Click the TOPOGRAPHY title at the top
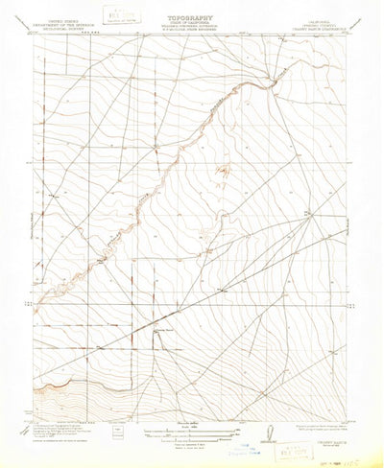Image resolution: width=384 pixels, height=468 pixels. point(193,17)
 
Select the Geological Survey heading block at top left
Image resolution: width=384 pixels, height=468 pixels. point(60,23)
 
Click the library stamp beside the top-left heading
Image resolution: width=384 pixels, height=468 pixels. point(120,15)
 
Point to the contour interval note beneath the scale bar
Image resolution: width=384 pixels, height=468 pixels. point(192,447)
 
